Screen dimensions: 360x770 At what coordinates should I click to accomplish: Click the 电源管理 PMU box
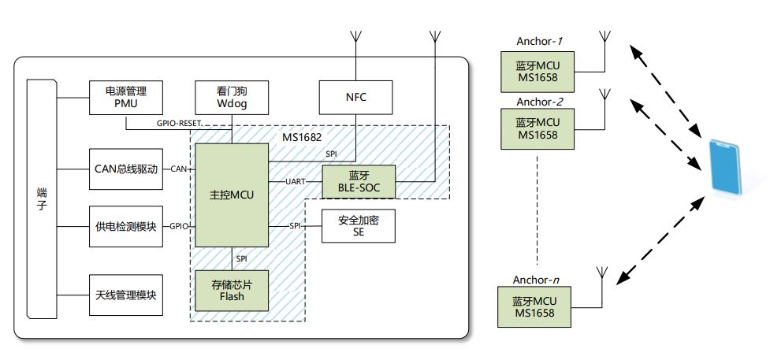tap(126, 98)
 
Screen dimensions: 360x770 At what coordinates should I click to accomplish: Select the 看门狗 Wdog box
tap(232, 98)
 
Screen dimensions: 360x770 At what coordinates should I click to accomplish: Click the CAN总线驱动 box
tap(126, 169)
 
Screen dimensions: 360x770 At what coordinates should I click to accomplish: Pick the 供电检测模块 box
tap(126, 226)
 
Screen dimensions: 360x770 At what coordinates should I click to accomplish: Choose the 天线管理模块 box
tap(126, 295)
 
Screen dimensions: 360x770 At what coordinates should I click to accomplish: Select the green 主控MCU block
tap(232, 195)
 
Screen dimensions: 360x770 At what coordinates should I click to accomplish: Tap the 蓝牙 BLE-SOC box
tap(358, 183)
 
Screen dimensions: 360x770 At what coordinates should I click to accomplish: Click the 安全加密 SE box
tap(359, 226)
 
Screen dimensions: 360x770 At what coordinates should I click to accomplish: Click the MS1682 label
tap(303, 137)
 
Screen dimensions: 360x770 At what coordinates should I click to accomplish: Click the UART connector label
tap(296, 182)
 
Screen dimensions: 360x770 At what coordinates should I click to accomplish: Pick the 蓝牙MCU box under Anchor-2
tap(537, 128)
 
